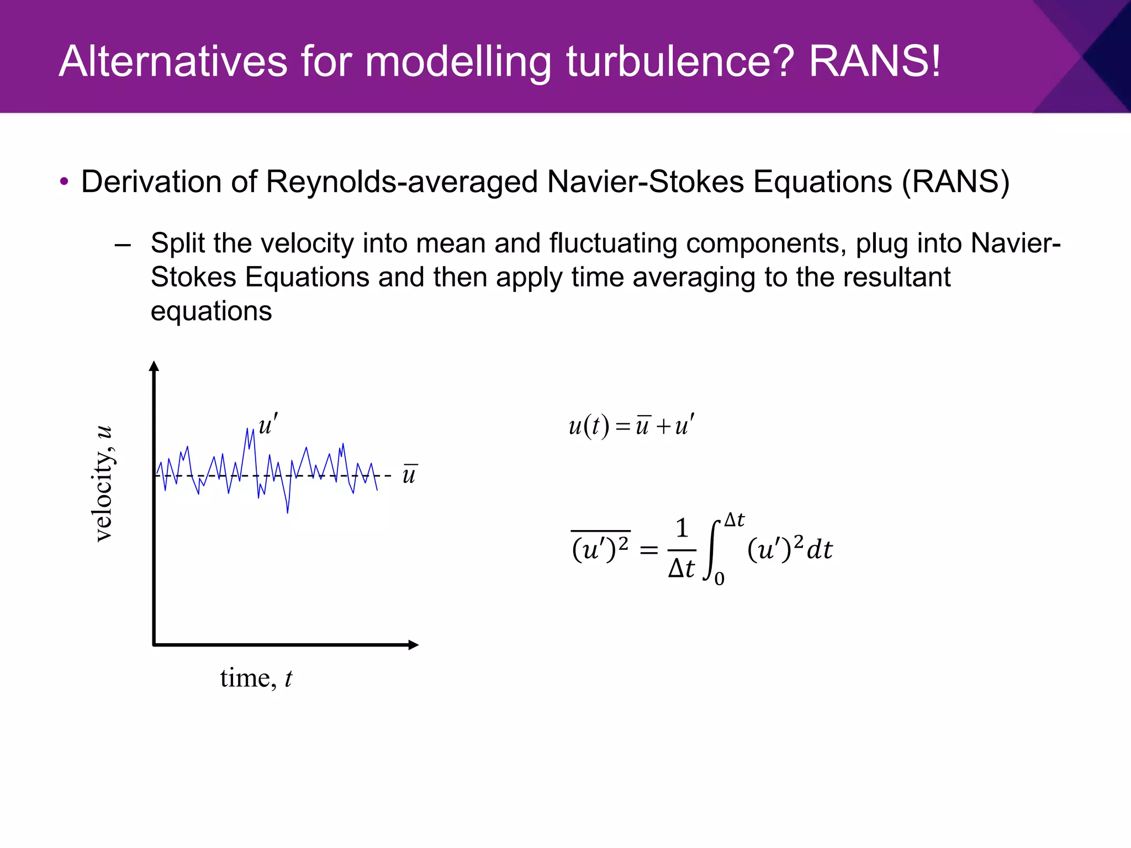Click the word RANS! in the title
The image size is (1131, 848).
tap(874, 61)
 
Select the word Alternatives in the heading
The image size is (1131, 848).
tap(173, 61)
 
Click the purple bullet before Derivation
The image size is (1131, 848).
tap(64, 182)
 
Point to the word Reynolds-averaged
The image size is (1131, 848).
tap(401, 182)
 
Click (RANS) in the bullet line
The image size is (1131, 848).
tap(955, 182)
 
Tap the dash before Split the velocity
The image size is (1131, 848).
tap(123, 245)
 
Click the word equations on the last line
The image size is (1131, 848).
tap(211, 311)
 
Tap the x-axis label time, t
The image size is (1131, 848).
tap(256, 678)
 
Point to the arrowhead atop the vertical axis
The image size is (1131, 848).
tap(154, 365)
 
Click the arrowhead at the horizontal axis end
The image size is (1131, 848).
tap(414, 645)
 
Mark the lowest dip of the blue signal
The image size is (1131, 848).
tap(288, 512)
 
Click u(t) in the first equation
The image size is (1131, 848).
tap(589, 426)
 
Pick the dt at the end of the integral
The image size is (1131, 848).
tap(820, 550)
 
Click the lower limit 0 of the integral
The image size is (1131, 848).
tap(720, 579)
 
